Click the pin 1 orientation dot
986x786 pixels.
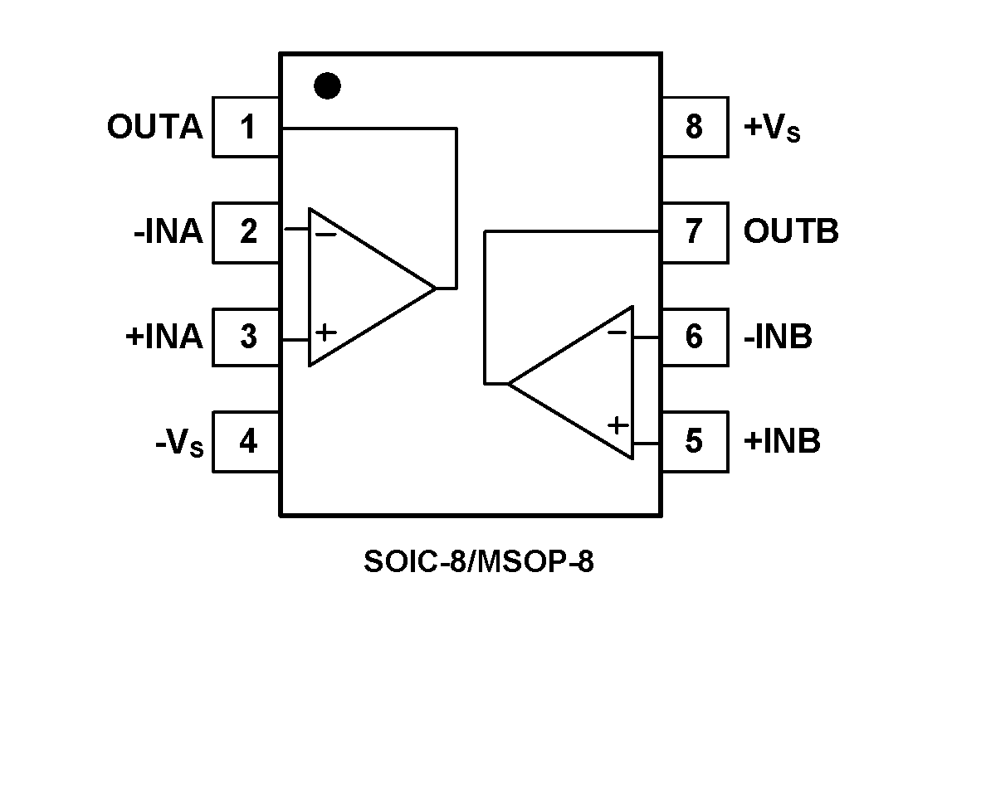(328, 85)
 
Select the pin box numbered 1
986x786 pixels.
(247, 128)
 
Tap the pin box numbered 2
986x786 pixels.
(247, 232)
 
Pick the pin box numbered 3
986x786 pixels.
(247, 337)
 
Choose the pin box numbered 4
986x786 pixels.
(247, 441)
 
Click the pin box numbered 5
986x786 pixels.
(695, 441)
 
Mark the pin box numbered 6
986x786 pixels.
(695, 337)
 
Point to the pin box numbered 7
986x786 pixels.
(695, 232)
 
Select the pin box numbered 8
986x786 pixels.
(695, 128)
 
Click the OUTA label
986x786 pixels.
(154, 128)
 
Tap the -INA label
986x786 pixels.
(168, 232)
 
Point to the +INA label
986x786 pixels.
(164, 337)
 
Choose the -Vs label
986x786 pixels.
(178, 443)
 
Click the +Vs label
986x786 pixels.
(772, 129)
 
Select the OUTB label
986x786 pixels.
(790, 232)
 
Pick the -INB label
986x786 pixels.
(778, 337)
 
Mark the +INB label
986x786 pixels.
(782, 441)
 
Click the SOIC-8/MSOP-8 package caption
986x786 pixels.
(479, 562)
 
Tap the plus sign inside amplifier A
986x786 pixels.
(326, 333)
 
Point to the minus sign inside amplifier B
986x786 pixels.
(617, 333)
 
